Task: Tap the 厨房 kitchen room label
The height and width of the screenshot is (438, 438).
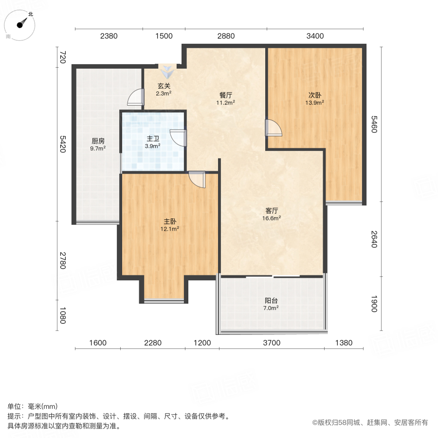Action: pyautogui.click(x=98, y=141)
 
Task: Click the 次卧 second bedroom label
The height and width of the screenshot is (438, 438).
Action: pyautogui.click(x=314, y=95)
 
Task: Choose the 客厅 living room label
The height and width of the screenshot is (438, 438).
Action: pyautogui.click(x=272, y=211)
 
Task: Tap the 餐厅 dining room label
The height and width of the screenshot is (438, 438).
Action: pyautogui.click(x=225, y=95)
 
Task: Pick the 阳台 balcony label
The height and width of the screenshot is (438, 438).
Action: pyautogui.click(x=271, y=301)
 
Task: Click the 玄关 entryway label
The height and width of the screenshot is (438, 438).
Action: pyautogui.click(x=163, y=86)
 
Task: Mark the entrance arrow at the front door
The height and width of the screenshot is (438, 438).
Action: pyautogui.click(x=167, y=73)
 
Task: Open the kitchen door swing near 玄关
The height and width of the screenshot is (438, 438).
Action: pyautogui.click(x=135, y=97)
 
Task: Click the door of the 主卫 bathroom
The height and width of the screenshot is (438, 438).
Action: pyautogui.click(x=179, y=138)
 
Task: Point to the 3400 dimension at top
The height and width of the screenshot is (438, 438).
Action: pyautogui.click(x=315, y=36)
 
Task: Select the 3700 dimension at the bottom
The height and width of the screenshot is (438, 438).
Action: pyautogui.click(x=272, y=343)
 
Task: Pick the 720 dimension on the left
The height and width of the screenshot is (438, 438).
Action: pyautogui.click(x=62, y=57)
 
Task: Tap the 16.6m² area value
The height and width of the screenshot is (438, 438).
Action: pyautogui.click(x=272, y=218)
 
